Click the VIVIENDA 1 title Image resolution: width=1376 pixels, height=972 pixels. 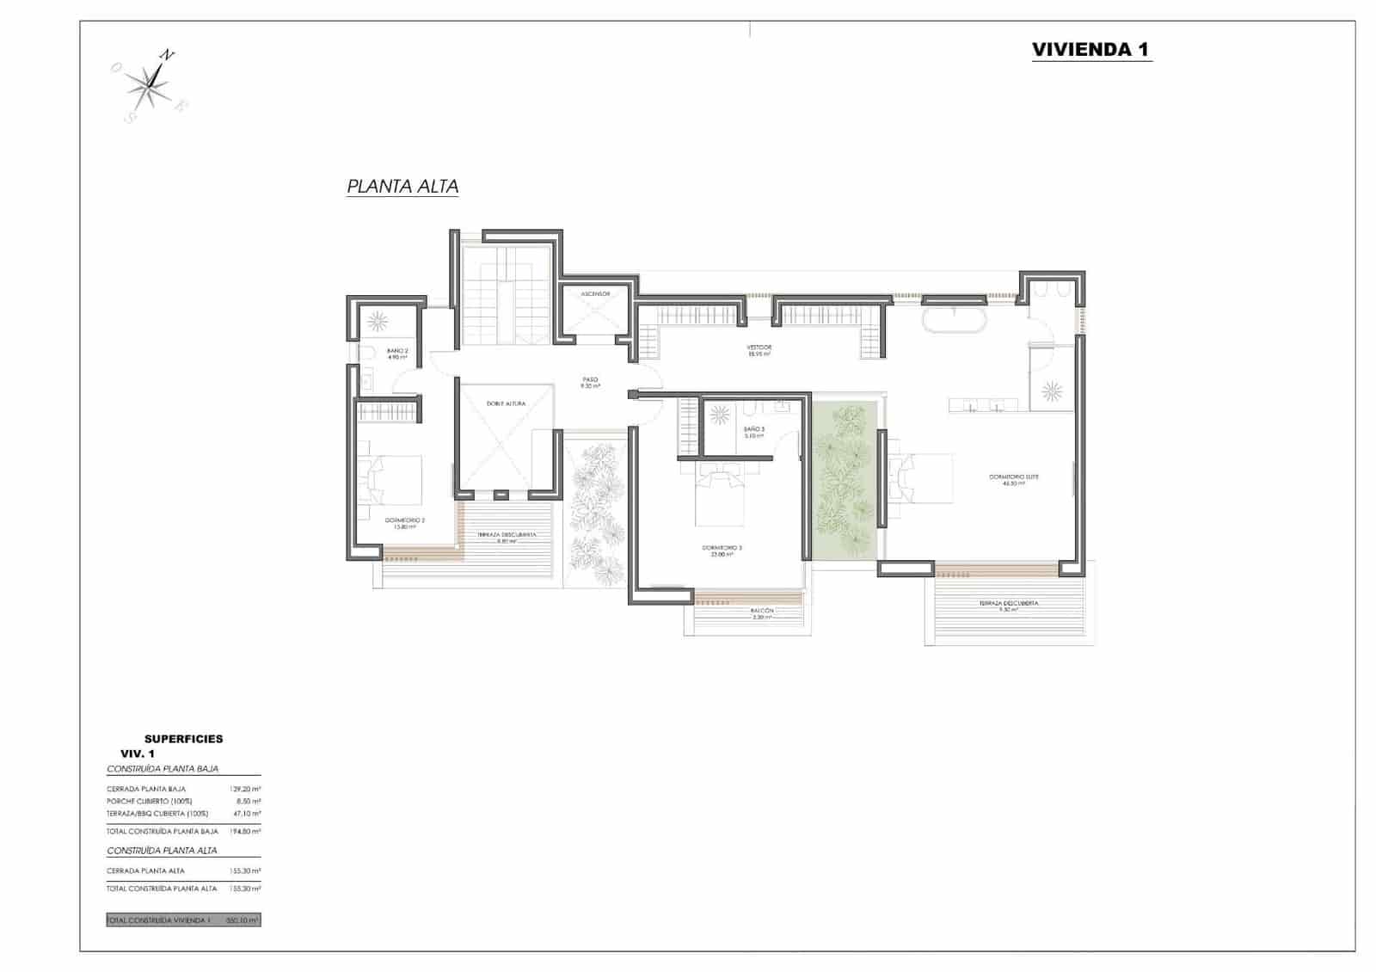pyautogui.click(x=1090, y=49)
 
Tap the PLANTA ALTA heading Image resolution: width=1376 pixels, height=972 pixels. pyautogui.click(x=402, y=186)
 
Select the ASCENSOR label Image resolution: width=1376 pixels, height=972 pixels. pyautogui.click(x=595, y=294)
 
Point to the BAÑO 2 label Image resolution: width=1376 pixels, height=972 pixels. pyautogui.click(x=397, y=351)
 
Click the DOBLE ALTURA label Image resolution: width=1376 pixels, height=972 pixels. pyautogui.click(x=506, y=403)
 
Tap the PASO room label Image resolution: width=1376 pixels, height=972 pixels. pyautogui.click(x=590, y=379)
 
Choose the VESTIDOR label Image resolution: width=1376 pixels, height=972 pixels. pyautogui.click(x=759, y=348)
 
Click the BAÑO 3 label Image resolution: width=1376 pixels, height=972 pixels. pyautogui.click(x=754, y=428)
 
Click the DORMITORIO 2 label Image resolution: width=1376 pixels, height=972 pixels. pyautogui.click(x=405, y=520)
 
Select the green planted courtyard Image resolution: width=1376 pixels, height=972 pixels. pyautogui.click(x=844, y=482)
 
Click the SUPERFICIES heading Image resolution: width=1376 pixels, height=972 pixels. pyautogui.click(x=183, y=738)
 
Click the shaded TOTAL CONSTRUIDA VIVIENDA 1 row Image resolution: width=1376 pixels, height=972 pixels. pyautogui.click(x=183, y=920)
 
